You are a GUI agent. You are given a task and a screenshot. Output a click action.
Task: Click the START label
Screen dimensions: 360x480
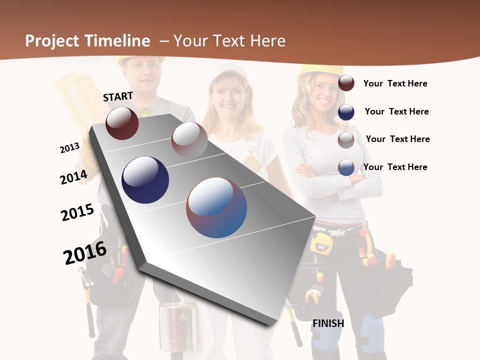[x=118, y=96]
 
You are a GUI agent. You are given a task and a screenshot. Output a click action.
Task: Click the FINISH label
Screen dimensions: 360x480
[x=328, y=323]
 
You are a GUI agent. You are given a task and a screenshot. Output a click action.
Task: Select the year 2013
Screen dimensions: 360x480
[x=69, y=148]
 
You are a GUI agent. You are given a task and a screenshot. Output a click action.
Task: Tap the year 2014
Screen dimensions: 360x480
[x=73, y=177]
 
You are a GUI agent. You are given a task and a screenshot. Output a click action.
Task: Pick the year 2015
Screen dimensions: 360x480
[x=77, y=212]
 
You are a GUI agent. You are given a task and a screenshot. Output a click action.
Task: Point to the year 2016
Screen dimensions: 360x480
[x=85, y=252]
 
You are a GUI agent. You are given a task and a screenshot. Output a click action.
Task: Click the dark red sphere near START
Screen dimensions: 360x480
[x=122, y=123]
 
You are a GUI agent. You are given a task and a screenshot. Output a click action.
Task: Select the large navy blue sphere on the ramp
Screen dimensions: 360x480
[x=145, y=179]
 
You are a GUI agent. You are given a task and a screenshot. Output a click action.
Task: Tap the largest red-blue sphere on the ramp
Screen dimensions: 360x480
[x=216, y=207]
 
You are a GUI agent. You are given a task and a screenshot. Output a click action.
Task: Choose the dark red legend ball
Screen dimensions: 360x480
[x=346, y=83]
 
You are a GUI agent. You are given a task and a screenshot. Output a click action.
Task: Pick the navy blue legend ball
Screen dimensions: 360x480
[x=346, y=112]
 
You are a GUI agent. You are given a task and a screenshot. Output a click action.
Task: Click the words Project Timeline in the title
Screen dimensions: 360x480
[x=87, y=41]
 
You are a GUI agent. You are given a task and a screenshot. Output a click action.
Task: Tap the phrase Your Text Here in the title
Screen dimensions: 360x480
[x=229, y=41]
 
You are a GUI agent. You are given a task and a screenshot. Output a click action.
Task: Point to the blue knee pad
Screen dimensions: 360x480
[x=372, y=332]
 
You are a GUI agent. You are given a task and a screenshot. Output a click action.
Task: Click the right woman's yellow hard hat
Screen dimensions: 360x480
[x=319, y=71]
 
